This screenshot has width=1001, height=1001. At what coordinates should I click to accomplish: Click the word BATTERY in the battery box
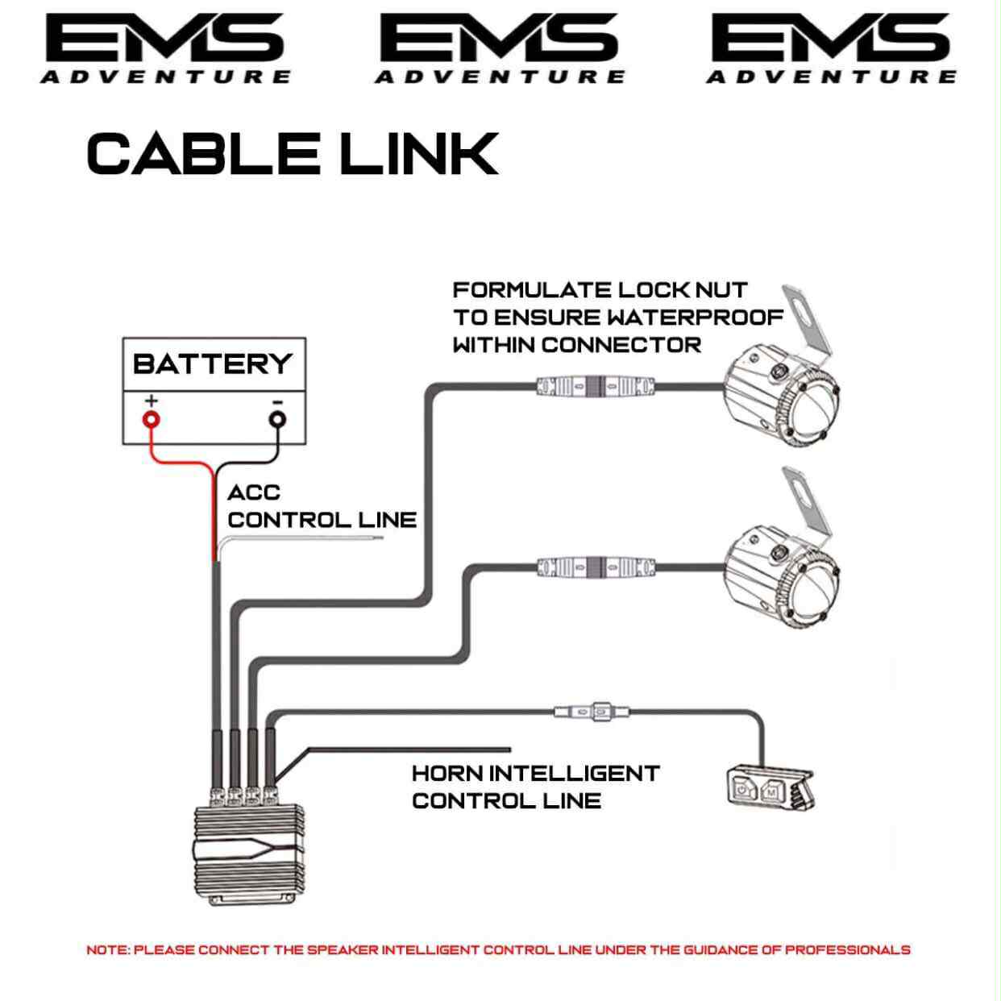click(x=212, y=363)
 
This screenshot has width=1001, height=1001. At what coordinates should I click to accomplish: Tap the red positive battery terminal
click(x=151, y=419)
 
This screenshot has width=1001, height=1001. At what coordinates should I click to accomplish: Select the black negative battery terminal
click(x=276, y=419)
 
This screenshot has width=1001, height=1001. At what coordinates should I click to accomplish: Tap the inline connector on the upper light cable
click(x=595, y=386)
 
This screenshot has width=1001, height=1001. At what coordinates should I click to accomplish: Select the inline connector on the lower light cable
click(x=595, y=567)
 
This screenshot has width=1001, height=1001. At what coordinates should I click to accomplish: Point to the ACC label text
click(x=253, y=492)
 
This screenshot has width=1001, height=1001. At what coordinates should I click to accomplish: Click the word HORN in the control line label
click(x=447, y=774)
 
